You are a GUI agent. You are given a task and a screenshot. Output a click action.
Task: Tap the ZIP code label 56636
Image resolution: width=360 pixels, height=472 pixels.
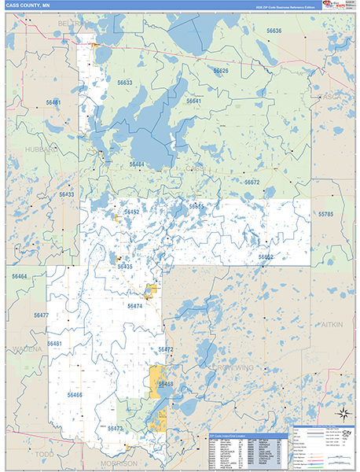274,31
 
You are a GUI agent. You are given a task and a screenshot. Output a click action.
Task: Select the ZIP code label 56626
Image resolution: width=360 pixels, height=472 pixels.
221,71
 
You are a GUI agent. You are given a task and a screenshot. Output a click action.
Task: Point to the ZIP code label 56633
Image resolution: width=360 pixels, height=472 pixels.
125,83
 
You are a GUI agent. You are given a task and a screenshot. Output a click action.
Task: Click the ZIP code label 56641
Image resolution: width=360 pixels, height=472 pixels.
193,101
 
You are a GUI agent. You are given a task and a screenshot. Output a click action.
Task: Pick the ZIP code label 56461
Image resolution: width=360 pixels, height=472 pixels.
53,103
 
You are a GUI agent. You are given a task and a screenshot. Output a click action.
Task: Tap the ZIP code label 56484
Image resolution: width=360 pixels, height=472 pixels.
137,164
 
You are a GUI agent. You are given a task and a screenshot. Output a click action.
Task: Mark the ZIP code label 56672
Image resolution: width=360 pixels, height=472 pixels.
252,182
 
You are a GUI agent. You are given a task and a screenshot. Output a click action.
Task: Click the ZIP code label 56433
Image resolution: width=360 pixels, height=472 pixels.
66,194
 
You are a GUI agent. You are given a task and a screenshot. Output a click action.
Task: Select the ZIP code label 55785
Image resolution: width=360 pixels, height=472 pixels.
325,214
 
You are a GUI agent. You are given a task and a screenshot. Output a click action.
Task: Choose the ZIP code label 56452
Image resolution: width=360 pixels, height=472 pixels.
131,212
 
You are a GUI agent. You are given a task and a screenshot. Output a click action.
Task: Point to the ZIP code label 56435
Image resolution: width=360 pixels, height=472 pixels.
125,267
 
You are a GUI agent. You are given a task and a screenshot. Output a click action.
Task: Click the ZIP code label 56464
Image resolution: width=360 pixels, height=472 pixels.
19,277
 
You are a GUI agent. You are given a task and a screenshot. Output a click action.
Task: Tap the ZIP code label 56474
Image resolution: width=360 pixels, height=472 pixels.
135,306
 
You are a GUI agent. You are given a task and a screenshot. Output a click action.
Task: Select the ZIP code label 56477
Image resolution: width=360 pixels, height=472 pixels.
41,315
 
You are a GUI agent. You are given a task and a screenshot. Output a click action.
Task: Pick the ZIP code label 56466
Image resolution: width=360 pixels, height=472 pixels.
74,395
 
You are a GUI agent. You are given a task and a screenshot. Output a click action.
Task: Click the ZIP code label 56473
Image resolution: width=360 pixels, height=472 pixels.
115,429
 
